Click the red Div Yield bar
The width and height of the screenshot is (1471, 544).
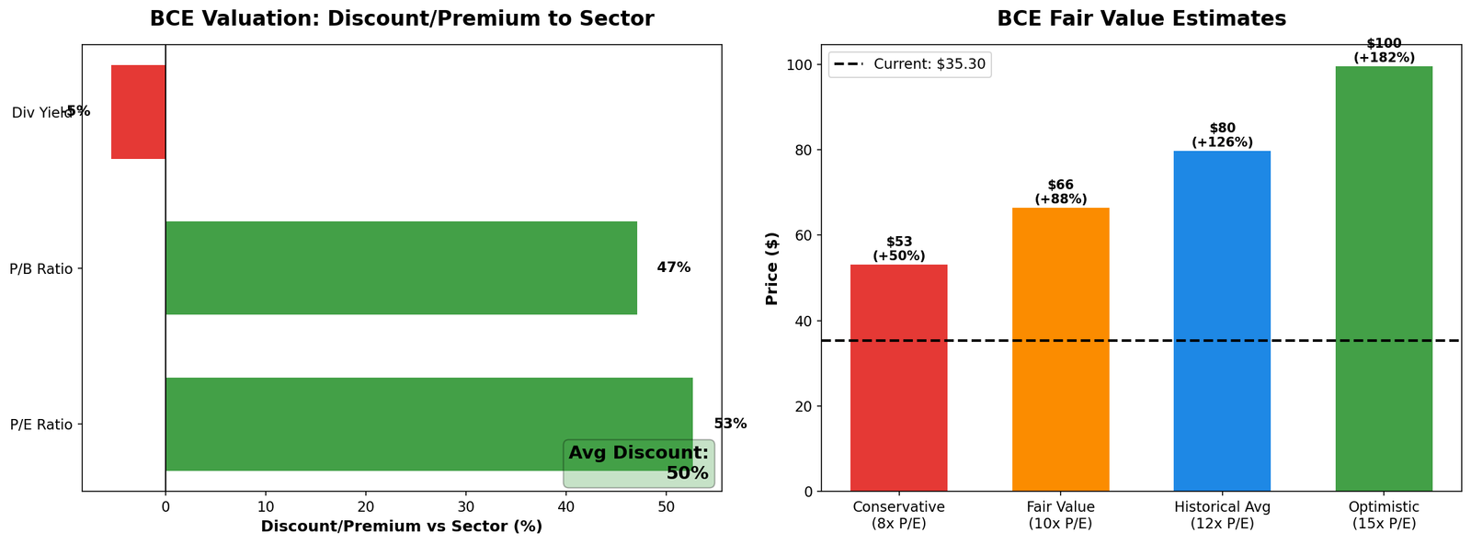(x=138, y=112)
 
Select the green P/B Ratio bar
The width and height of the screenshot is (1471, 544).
(x=401, y=268)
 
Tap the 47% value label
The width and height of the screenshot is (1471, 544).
(x=673, y=268)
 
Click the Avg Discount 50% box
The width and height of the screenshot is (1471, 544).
(x=639, y=463)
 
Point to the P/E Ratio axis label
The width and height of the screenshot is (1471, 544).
(x=40, y=425)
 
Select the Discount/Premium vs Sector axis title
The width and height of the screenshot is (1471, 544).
(x=401, y=527)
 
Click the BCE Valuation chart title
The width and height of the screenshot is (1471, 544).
(x=401, y=18)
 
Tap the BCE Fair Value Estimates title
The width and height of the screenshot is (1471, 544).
(x=1141, y=18)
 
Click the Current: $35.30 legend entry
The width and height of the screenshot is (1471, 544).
(x=910, y=64)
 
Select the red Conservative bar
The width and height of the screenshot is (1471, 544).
(x=898, y=378)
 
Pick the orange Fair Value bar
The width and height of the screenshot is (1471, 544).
(x=1060, y=349)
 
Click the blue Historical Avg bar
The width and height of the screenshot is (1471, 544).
(x=1222, y=321)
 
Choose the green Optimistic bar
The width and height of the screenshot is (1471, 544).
(x=1384, y=278)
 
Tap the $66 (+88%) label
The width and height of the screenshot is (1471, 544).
(x=1060, y=192)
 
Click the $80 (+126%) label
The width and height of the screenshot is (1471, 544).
(x=1222, y=135)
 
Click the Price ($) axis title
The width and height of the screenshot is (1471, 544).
(x=772, y=268)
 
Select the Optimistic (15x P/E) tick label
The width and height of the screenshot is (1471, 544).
(x=1384, y=515)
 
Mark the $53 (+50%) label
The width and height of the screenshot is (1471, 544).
(x=898, y=249)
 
